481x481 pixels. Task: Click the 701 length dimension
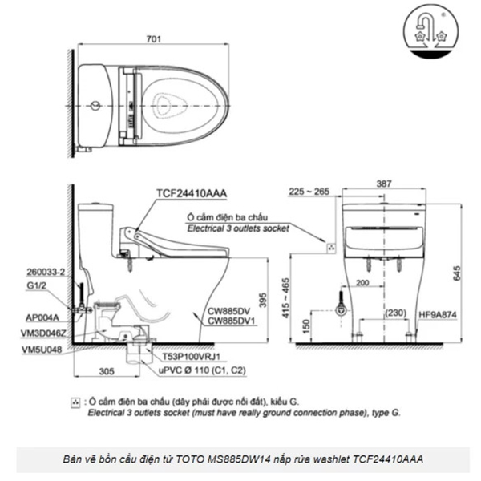click(x=153, y=39)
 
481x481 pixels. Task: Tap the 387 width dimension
click(x=384, y=184)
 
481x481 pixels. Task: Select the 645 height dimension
click(x=456, y=273)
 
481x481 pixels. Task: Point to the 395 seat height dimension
click(x=263, y=301)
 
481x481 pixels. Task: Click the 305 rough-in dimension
click(x=107, y=371)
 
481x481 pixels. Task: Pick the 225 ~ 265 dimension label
click(x=309, y=192)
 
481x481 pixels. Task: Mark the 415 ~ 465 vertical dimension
click(x=285, y=298)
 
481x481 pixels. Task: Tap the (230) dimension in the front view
click(x=396, y=313)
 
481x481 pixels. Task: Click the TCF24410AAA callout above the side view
click(x=192, y=193)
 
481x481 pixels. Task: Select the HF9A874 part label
click(x=438, y=315)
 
